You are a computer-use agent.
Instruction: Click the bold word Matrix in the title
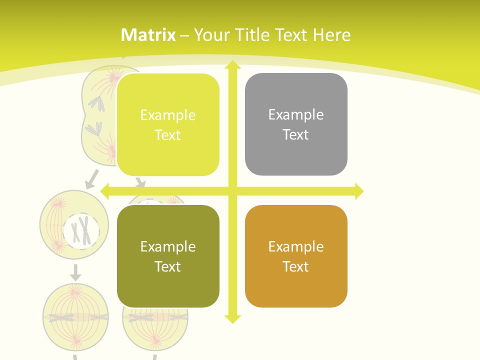[148, 35]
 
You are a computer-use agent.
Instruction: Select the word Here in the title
[331, 35]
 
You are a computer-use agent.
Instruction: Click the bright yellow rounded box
[168, 125]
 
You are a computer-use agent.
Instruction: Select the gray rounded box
[296, 124]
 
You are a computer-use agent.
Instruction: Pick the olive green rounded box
[168, 256]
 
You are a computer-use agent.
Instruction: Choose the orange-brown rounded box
[296, 256]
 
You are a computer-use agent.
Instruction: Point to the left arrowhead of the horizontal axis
[105, 191]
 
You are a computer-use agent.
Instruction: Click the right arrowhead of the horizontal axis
[358, 191]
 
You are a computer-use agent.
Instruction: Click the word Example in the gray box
[296, 115]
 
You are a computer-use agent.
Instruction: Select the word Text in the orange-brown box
[296, 266]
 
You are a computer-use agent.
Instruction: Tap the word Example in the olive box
[168, 246]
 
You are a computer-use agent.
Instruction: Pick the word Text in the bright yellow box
[168, 135]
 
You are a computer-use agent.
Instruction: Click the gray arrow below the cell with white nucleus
[75, 272]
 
